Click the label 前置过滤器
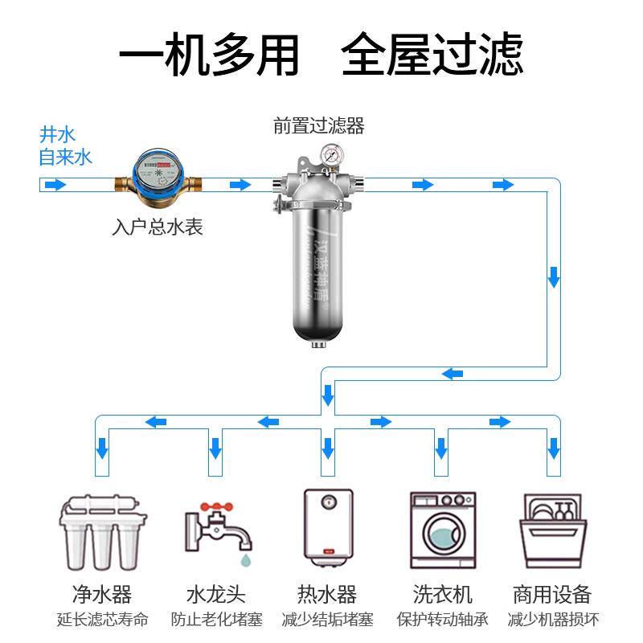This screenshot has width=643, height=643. pyautogui.click(x=319, y=126)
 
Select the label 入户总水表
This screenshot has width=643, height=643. pyautogui.click(x=157, y=227)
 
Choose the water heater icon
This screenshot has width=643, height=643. pyautogui.click(x=327, y=526)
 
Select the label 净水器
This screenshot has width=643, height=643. pyautogui.click(x=102, y=595)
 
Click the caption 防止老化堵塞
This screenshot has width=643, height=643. pyautogui.click(x=216, y=620)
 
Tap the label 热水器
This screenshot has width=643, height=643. pyautogui.click(x=327, y=595)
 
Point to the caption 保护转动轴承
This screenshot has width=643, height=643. pyautogui.click(x=442, y=620)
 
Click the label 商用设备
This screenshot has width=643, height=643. pyautogui.click(x=552, y=595)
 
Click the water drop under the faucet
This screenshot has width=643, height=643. pyautogui.click(x=244, y=556)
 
